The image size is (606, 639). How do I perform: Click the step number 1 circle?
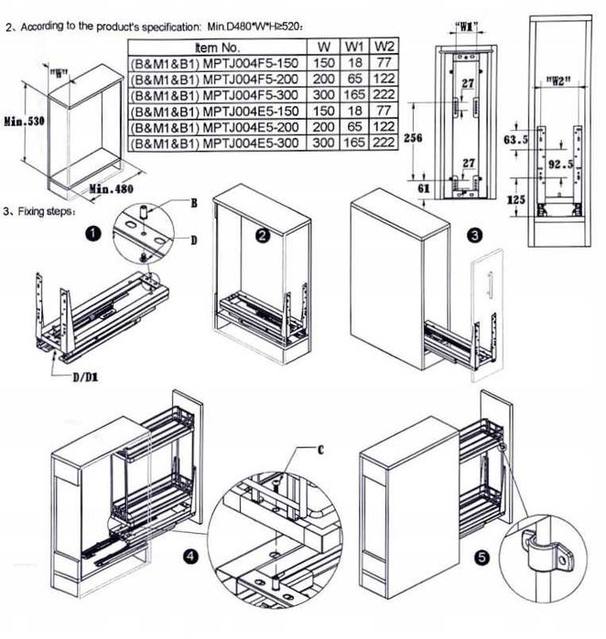click(94, 234)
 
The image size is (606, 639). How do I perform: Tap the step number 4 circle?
click(190, 557)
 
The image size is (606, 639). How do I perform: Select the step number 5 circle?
click(482, 557)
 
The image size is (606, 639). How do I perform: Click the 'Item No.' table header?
click(217, 48)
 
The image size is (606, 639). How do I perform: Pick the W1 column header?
click(354, 47)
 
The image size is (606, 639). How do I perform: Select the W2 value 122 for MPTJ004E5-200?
click(384, 126)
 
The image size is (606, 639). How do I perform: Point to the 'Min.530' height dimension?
click(25, 121)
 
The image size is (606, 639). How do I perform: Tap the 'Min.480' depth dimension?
click(111, 188)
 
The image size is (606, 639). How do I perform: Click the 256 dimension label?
click(413, 138)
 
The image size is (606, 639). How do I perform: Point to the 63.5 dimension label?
click(515, 140)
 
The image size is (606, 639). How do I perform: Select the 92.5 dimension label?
click(560, 165)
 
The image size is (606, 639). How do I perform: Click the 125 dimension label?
click(515, 199)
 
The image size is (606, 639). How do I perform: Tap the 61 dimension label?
click(424, 188)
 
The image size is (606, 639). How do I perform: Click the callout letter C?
click(320, 450)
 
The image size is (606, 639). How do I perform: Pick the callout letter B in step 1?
click(194, 203)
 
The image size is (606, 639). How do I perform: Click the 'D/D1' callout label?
click(85, 378)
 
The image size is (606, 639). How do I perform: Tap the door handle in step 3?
click(490, 285)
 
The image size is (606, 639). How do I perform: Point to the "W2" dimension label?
click(557, 81)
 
